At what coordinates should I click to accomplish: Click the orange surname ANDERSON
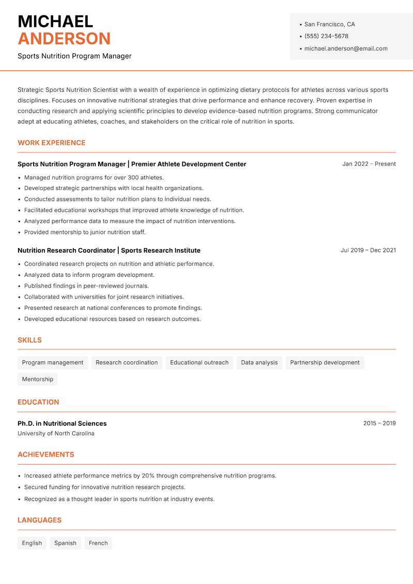(x=64, y=39)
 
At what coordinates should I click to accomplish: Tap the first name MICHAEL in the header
(x=55, y=21)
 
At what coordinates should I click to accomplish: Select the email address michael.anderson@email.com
(x=346, y=49)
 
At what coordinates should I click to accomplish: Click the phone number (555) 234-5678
(x=326, y=36)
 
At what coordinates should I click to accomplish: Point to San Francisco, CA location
(x=329, y=24)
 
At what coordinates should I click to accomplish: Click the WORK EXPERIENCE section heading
(x=52, y=143)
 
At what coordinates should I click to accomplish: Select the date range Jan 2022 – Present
(x=369, y=164)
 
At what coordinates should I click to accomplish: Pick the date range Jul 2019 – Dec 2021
(x=368, y=250)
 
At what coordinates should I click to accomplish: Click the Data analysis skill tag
(x=259, y=363)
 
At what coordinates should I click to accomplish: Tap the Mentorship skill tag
(x=38, y=379)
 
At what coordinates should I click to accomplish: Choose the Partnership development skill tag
(x=325, y=363)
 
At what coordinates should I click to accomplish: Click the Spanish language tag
(x=65, y=543)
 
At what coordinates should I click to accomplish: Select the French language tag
(x=98, y=543)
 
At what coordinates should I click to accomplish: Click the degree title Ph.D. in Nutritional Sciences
(x=62, y=423)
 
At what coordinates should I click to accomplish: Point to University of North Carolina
(x=56, y=434)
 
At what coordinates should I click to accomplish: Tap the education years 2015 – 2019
(x=379, y=423)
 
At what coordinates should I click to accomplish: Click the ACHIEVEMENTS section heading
(x=46, y=455)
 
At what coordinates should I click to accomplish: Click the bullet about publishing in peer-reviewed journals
(x=86, y=286)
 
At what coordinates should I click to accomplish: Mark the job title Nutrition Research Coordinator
(x=67, y=250)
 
